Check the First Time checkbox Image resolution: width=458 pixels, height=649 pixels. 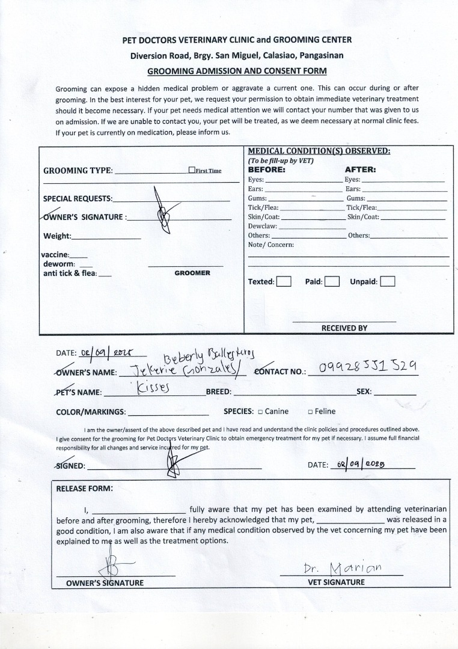tap(192, 170)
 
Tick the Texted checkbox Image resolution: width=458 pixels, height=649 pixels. tap(284, 281)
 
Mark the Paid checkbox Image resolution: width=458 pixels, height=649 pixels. tap(332, 281)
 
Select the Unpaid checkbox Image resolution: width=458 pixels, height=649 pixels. tap(388, 281)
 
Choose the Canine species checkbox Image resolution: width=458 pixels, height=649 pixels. tap(260, 412)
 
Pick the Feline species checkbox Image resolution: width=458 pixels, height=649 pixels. tap(310, 412)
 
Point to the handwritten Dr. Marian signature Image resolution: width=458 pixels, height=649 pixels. tap(343, 568)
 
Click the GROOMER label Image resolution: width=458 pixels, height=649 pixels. tap(192, 273)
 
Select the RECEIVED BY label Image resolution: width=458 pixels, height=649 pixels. tap(344, 328)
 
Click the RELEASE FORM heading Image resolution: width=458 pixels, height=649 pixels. tap(84, 489)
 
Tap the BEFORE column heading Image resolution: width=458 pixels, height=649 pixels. tap(267, 169)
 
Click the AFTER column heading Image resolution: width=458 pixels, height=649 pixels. tap(360, 169)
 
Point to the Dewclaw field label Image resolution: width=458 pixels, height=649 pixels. tap(262, 226)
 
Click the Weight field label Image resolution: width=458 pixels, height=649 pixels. tap(57, 236)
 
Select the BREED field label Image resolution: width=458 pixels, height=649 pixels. tap(219, 391)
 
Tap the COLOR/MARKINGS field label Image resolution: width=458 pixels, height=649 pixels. tap(91, 412)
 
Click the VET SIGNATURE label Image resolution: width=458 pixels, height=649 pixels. tap(337, 582)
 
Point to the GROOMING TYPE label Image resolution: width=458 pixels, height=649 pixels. tap(78, 171)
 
